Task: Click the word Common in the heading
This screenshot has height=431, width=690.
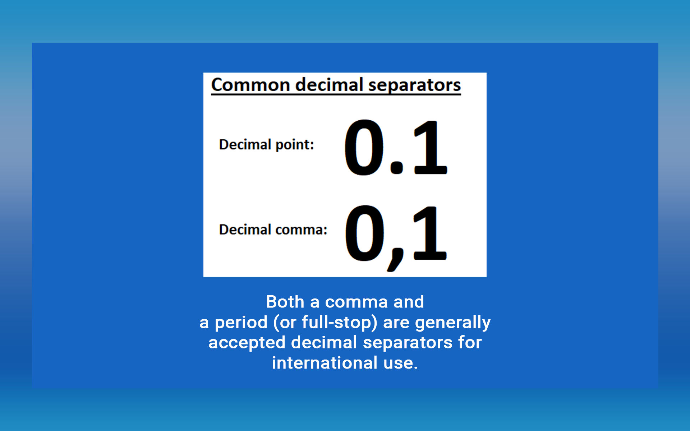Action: click(250, 85)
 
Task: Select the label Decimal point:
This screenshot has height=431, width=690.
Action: click(266, 145)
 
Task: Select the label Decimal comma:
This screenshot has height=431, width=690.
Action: click(273, 230)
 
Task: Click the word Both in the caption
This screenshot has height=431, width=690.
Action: click(285, 302)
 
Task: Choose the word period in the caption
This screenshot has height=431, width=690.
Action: click(241, 323)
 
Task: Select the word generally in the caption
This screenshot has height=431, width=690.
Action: click(453, 323)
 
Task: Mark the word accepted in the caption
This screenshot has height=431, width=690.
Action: click(247, 343)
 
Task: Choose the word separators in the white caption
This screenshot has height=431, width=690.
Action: click(408, 343)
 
